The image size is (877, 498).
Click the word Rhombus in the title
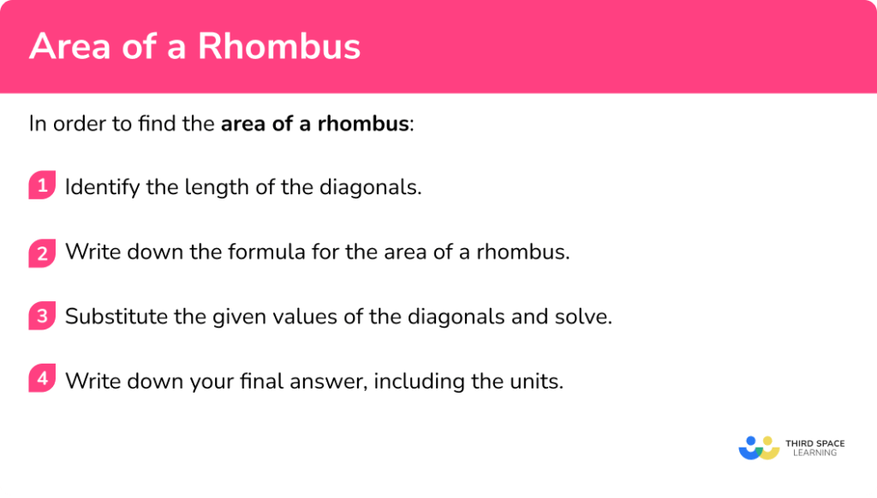pyautogui.click(x=279, y=46)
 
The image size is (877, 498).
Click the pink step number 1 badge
pyautogui.click(x=41, y=186)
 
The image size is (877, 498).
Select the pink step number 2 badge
pyautogui.click(x=41, y=252)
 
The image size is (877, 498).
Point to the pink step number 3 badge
pyautogui.click(x=41, y=316)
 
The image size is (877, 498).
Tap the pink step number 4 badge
pyautogui.click(x=41, y=379)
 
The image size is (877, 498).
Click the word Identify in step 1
pyautogui.click(x=102, y=187)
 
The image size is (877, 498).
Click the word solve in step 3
pyautogui.click(x=586, y=317)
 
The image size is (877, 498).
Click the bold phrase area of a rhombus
pyautogui.click(x=314, y=123)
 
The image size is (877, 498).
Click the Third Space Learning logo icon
pyautogui.click(x=758, y=448)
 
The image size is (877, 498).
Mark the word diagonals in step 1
pyautogui.click(x=376, y=187)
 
